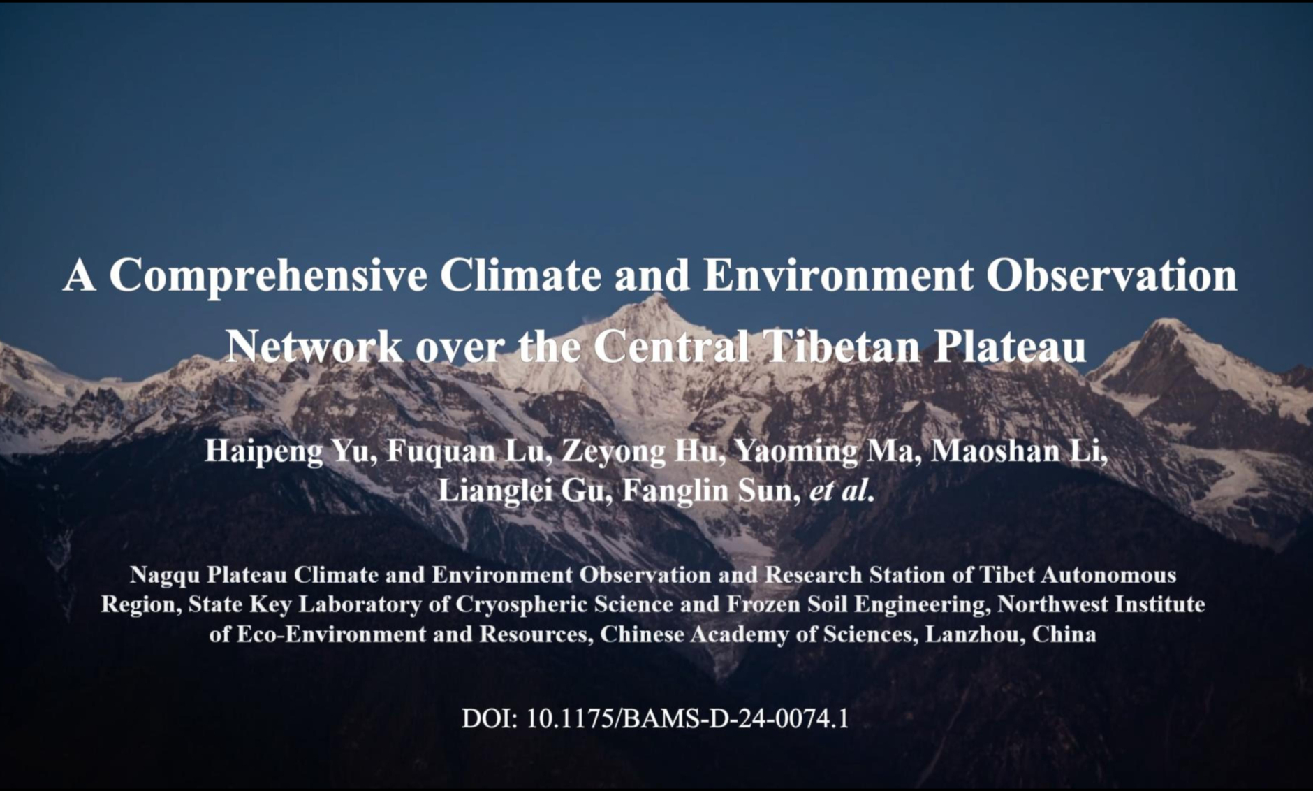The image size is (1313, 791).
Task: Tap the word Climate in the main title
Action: coord(520,275)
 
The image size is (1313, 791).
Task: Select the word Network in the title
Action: coord(314,346)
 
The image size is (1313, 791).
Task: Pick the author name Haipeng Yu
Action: coord(286,452)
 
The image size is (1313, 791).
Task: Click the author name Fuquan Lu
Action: coord(464,451)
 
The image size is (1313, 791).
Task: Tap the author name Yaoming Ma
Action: coord(823,452)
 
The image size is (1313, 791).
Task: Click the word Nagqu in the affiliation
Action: coord(165,575)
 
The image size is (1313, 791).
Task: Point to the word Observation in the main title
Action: coord(1111,275)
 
